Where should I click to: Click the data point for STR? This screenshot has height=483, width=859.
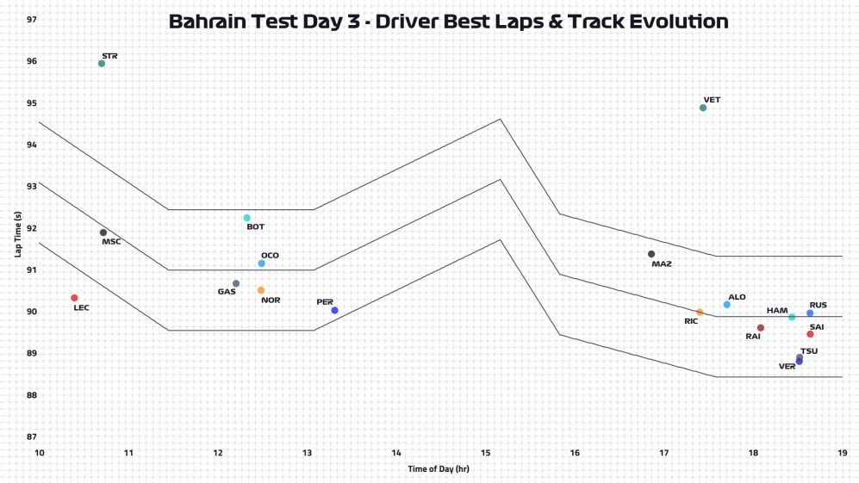(102, 63)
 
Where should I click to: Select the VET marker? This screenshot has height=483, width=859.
(703, 108)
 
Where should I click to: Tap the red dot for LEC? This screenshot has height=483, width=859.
(74, 298)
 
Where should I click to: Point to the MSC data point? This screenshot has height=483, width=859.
(103, 232)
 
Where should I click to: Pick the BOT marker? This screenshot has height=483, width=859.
(246, 218)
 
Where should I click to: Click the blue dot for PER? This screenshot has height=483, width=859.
(334, 310)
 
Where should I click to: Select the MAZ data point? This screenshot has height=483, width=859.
(651, 254)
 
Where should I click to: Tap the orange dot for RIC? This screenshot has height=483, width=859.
(700, 313)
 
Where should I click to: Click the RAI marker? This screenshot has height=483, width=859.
(761, 328)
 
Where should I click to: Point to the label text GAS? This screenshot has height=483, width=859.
(227, 292)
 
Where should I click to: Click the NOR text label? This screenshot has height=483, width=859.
(271, 300)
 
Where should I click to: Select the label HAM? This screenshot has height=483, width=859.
(776, 310)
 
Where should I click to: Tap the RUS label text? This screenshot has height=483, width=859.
(819, 305)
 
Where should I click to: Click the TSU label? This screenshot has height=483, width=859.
(809, 351)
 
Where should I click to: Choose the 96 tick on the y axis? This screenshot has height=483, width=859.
(32, 61)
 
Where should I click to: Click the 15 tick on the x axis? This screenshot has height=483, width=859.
(485, 452)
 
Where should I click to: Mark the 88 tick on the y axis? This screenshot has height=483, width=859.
(32, 395)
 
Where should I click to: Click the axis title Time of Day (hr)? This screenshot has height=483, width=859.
(439, 469)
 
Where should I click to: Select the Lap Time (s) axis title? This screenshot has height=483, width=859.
(17, 234)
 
